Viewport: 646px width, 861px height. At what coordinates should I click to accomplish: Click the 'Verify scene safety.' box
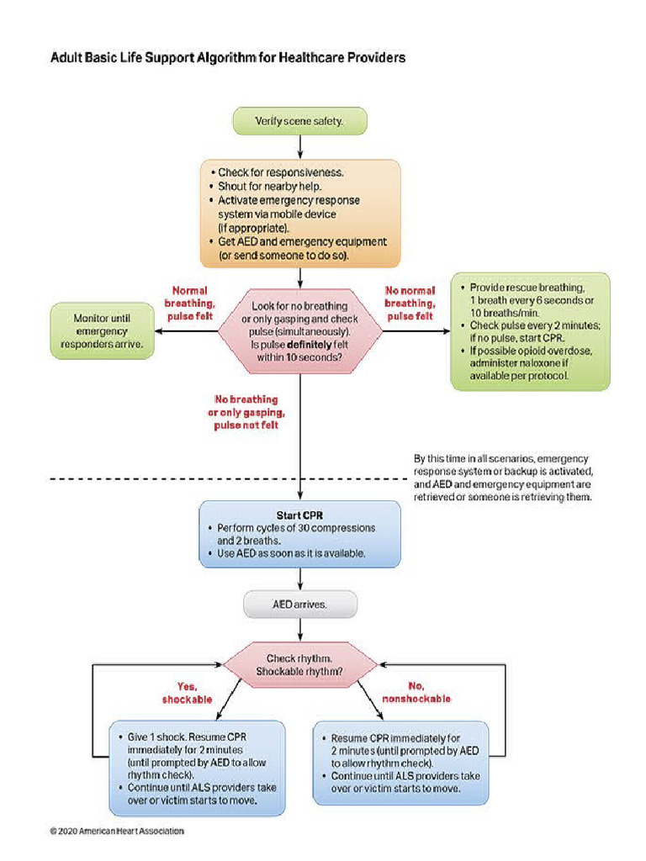[x=299, y=121]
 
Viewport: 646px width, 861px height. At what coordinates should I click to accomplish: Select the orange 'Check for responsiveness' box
[x=300, y=214]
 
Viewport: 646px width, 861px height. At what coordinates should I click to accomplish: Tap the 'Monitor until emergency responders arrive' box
[x=102, y=331]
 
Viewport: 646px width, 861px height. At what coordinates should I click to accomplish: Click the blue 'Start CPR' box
[x=300, y=534]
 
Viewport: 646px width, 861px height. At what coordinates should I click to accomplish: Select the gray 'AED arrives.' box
[x=300, y=603]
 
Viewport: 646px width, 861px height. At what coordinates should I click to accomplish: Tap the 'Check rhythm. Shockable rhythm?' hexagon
[x=300, y=665]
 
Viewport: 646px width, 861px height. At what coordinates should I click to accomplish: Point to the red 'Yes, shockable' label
[x=187, y=693]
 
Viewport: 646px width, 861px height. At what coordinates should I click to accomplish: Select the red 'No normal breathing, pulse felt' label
[x=410, y=303]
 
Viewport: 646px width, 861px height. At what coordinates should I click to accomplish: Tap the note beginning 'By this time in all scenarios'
[x=503, y=478]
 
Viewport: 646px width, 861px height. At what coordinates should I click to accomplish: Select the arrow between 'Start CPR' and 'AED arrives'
[x=300, y=578]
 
